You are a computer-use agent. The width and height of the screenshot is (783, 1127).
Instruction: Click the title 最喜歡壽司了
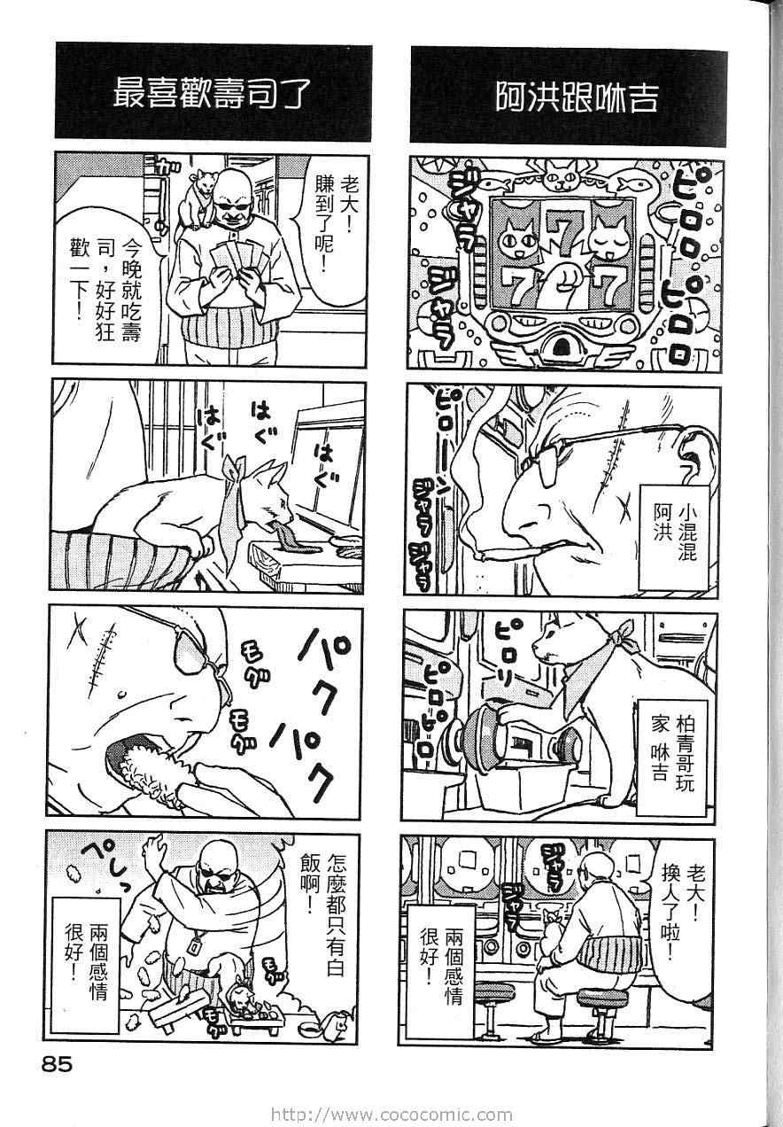pos(210,94)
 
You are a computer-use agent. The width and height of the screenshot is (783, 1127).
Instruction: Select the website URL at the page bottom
pos(391,1115)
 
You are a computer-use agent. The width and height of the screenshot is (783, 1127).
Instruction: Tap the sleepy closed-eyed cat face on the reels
pos(609,237)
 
